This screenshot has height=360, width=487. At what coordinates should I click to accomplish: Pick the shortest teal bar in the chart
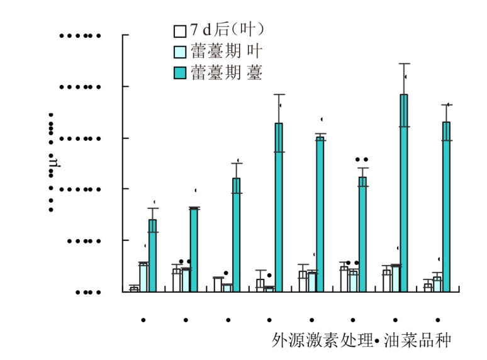[152, 255]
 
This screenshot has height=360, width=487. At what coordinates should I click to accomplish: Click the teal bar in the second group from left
[194, 249]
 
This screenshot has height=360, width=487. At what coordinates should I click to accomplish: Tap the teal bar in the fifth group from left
[320, 214]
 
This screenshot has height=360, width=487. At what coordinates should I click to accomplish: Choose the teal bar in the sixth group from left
[362, 233]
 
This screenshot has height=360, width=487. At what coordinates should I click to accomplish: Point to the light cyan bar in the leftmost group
[143, 278]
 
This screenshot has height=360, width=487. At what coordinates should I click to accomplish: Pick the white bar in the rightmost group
[428, 287]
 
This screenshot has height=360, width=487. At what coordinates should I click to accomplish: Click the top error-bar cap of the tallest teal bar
[404, 64]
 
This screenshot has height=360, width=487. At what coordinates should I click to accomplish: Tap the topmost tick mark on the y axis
[125, 35]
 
